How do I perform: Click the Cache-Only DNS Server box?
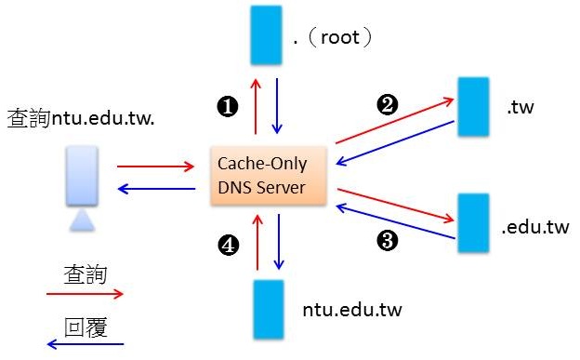click(270, 174)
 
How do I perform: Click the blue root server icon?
click(267, 36)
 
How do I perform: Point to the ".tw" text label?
click(521, 109)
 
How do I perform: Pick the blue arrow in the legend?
click(85, 345)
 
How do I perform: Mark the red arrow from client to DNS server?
click(154, 168)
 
